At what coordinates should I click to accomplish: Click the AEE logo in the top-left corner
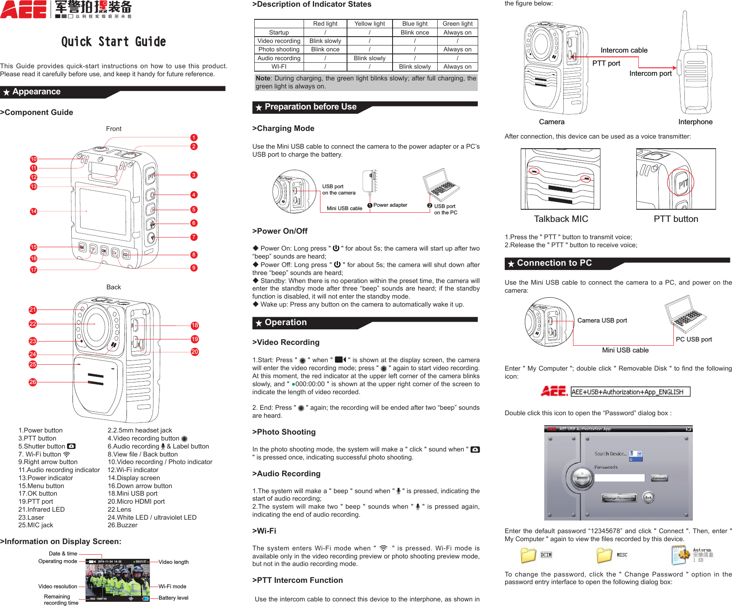pos(24,9)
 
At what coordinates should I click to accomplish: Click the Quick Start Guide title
pos(113,42)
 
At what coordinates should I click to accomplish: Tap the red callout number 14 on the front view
pos(34,211)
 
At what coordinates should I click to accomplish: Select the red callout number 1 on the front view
pos(194,138)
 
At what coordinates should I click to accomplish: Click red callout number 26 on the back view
pos(33,382)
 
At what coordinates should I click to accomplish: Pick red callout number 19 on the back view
pos(194,339)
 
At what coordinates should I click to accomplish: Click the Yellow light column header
pos(369,24)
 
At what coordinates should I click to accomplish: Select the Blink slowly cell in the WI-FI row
pos(414,67)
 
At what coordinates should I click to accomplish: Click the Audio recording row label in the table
pos(279,58)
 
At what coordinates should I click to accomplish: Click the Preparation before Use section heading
pos(310,107)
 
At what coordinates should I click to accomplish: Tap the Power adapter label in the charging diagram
pos(390,205)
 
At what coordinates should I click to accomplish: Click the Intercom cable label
pos(624,50)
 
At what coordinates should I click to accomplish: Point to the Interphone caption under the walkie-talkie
pos(695,122)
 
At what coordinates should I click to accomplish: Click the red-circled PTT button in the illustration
pos(681,183)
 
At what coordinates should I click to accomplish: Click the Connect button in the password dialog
pos(659,478)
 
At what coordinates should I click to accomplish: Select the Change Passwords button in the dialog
pos(619,498)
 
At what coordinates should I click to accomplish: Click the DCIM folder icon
pos(528,555)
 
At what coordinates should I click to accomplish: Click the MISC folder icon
pos(604,555)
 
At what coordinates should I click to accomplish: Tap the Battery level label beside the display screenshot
pos(173,598)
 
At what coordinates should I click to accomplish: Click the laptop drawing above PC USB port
pos(685,314)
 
